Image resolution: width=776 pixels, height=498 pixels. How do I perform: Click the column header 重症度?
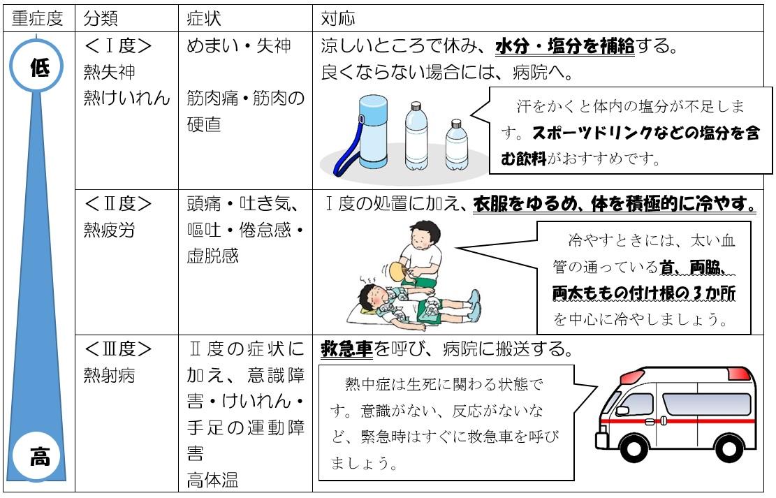pyautogui.click(x=38, y=19)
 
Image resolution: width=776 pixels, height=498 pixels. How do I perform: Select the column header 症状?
pyautogui.click(x=203, y=19)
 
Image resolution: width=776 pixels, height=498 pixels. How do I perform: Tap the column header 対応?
pyautogui.click(x=338, y=19)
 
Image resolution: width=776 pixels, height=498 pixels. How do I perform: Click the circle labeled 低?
pyautogui.click(x=36, y=66)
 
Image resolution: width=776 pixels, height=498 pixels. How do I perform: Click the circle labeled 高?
pyautogui.click(x=38, y=456)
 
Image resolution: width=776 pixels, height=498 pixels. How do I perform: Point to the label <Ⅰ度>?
pyautogui.click(x=118, y=46)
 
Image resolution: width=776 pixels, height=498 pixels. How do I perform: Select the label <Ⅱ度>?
pyautogui.click(x=118, y=203)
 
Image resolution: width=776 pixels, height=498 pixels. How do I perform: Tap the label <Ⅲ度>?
pyautogui.click(x=118, y=349)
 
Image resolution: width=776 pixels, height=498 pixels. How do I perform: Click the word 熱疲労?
pyautogui.click(x=110, y=230)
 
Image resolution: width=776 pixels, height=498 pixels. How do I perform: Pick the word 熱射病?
pyautogui.click(x=110, y=376)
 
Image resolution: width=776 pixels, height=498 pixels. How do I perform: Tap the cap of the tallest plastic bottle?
pyautogui.click(x=416, y=106)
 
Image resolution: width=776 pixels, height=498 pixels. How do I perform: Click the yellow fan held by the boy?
pyautogui.click(x=397, y=271)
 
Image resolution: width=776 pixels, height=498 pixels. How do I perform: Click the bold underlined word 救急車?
pyautogui.click(x=346, y=349)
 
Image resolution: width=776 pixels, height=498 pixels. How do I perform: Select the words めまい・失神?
pyautogui.click(x=239, y=46)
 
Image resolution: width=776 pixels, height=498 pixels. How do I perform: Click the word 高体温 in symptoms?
pyautogui.click(x=213, y=480)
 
